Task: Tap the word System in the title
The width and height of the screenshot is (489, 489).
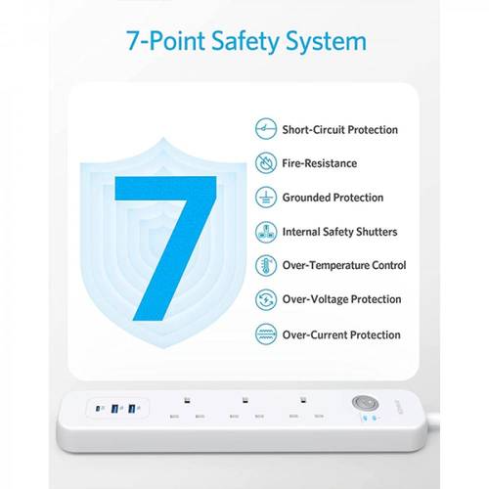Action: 326,42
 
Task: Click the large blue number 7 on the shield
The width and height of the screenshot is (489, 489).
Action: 165,248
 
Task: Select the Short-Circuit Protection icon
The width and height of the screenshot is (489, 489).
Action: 266,129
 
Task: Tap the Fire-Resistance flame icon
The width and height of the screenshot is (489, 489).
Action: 266,163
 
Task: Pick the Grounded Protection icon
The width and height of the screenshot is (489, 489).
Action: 266,198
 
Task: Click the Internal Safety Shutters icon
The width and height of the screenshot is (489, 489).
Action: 266,232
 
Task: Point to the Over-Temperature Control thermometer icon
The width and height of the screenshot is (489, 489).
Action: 266,265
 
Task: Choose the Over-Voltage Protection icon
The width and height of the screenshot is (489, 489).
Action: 266,299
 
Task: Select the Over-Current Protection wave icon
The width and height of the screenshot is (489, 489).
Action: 266,334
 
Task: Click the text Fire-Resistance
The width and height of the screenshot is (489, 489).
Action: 320,163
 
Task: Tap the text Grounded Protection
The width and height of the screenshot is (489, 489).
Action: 333,198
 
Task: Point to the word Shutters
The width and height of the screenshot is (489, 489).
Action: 377,232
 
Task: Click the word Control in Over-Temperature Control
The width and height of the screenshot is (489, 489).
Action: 389,265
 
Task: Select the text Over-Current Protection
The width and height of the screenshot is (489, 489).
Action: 341,334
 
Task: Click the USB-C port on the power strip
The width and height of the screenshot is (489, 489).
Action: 98,408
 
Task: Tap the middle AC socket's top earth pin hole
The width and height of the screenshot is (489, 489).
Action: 244,400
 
